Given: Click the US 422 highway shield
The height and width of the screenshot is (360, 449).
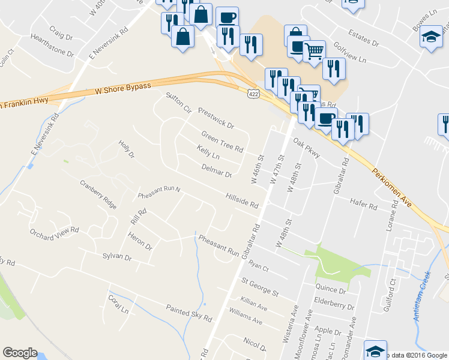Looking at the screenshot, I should [253, 92].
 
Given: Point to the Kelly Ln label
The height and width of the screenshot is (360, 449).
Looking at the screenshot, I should [208, 152].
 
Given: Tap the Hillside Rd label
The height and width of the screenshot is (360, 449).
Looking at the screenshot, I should [242, 200].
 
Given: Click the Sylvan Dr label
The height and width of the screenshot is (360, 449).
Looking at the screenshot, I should [116, 257].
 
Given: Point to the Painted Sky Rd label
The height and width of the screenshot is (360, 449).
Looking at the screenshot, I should [189, 312].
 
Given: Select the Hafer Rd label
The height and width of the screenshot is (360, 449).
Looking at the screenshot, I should [364, 206].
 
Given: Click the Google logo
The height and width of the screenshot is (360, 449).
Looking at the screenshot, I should [20, 353].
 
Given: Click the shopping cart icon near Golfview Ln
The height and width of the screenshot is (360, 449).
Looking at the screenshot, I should [314, 52].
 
